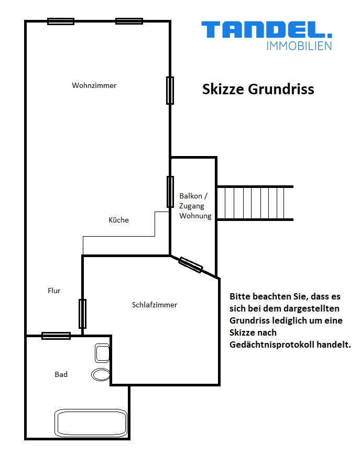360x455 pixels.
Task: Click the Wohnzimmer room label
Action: coord(94,85)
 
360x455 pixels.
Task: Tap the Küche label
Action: coord(118,220)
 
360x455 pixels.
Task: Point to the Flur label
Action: coord(54,291)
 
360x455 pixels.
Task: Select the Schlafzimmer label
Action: coord(155,305)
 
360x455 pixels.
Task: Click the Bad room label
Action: coord(61,374)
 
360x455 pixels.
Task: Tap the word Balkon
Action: coord(190,196)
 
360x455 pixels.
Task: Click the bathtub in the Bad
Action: coord(91,423)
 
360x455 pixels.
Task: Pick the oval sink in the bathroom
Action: coord(101,374)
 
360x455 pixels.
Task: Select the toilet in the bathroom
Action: coord(102,353)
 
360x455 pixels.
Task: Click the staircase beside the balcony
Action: coord(255,203)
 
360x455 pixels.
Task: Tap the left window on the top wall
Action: coord(61,21)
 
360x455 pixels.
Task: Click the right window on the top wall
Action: coord(129,21)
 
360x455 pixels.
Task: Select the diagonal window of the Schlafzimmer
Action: coord(190,264)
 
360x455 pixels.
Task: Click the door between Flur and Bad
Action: coord(56,336)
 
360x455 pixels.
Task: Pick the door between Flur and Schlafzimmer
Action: coord(82,314)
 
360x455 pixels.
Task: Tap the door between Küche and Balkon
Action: coord(170,192)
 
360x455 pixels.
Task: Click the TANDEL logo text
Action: coord(267,30)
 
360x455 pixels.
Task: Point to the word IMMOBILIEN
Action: coord(299,46)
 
